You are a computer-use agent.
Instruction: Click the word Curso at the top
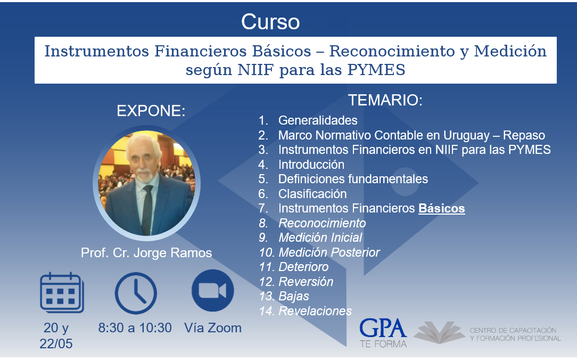click(270, 22)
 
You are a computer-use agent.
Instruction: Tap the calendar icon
click(62, 293)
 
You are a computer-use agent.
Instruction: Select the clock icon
click(136, 293)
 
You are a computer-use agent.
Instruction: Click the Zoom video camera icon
click(213, 290)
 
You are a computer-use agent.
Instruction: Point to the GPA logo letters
click(383, 329)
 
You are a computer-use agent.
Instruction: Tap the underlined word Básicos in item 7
click(442, 208)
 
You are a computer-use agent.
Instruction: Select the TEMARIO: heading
click(385, 100)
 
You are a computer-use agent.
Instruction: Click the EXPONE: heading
click(151, 111)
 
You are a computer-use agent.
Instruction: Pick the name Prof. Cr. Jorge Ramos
click(146, 253)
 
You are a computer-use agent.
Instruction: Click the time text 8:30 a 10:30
click(135, 328)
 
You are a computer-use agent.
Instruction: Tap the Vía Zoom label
click(213, 328)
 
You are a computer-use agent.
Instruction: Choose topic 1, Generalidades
click(318, 120)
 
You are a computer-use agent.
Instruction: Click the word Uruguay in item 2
click(466, 135)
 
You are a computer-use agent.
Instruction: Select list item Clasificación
click(312, 194)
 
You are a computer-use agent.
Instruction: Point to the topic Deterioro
click(303, 267)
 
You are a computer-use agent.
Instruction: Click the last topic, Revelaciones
click(315, 311)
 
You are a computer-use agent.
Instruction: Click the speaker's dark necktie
click(147, 209)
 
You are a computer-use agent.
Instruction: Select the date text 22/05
click(56, 343)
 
